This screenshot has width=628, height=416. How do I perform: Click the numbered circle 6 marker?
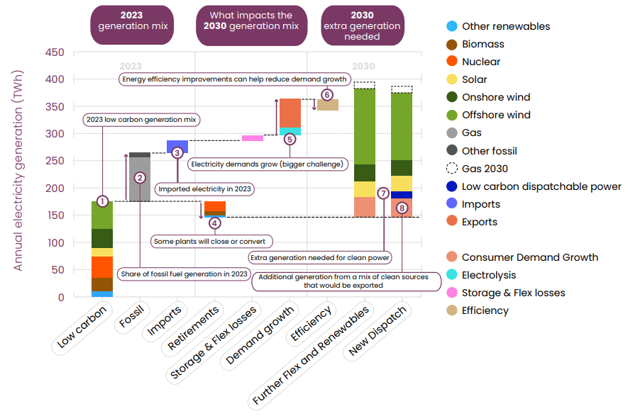tap(327, 95)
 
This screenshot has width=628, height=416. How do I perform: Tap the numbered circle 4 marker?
tap(215, 223)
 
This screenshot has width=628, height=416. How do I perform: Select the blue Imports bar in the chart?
tap(177, 146)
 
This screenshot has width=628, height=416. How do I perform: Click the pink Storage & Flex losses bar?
tap(253, 138)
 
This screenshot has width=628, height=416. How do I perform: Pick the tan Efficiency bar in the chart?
tap(328, 105)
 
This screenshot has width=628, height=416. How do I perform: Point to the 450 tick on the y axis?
tap(55, 52)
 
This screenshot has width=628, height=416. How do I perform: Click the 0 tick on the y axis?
tap(61, 297)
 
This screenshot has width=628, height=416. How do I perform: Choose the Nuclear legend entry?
tap(473, 62)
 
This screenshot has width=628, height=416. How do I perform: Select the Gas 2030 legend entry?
tap(477, 169)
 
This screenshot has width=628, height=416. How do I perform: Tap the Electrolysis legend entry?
tap(481, 275)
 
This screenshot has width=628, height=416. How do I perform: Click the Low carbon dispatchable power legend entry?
tap(534, 186)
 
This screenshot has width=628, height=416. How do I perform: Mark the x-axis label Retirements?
tap(192, 327)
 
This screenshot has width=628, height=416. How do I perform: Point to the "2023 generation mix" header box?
tap(132, 25)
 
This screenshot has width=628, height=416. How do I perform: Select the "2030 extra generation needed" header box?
tap(363, 26)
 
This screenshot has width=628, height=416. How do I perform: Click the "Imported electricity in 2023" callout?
tap(204, 189)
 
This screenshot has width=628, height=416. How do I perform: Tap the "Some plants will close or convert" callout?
tap(211, 242)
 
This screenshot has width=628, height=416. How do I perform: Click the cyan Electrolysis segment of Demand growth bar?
tap(290, 131)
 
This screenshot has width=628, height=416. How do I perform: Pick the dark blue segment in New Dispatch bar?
tap(402, 195)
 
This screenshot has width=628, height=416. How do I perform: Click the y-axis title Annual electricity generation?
tap(18, 170)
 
